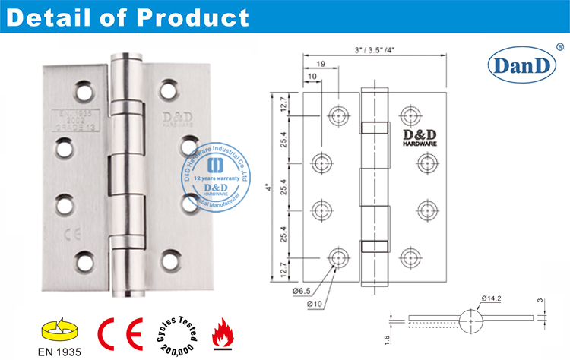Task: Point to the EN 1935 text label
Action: coord(58,351)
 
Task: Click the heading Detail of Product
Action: coord(127,17)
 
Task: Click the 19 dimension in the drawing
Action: coord(322,65)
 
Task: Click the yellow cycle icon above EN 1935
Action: coord(57,328)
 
